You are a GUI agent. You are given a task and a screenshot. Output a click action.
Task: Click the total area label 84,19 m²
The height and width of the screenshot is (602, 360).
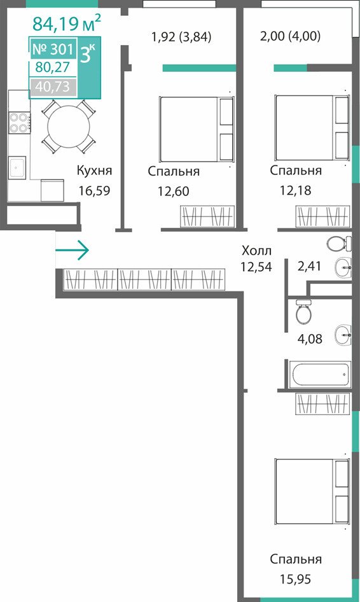[x=66, y=23]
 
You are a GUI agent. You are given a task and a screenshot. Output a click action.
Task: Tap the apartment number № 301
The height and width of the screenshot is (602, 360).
[x=53, y=49]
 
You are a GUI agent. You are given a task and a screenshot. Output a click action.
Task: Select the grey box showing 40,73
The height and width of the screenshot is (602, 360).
[x=53, y=87]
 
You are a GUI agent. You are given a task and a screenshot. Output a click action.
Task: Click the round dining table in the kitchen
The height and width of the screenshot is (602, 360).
[x=69, y=126]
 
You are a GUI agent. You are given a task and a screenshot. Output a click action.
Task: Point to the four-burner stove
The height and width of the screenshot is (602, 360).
[x=19, y=123]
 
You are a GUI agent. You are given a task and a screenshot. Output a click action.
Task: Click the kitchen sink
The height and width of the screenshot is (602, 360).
[x=18, y=167]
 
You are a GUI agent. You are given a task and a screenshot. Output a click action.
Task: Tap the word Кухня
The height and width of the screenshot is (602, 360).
[x=94, y=170]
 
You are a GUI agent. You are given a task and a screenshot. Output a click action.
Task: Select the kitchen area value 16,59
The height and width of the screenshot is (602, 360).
[x=94, y=190]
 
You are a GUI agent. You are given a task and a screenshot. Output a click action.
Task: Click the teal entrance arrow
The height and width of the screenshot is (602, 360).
[x=72, y=250]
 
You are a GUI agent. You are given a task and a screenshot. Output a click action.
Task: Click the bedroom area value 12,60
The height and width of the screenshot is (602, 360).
[x=174, y=191]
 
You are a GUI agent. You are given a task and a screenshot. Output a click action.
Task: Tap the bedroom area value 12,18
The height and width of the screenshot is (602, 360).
[x=296, y=190]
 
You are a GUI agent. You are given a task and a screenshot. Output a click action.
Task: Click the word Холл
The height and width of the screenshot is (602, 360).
[x=257, y=251]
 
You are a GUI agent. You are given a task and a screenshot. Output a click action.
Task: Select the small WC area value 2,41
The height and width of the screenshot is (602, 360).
[x=309, y=265]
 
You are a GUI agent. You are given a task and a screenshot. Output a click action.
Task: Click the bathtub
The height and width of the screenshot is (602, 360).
[x=321, y=375]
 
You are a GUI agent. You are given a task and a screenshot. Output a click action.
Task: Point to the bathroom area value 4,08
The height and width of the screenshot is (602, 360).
[x=310, y=339]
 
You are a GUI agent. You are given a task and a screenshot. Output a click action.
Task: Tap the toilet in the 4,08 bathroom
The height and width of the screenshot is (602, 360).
[x=304, y=311]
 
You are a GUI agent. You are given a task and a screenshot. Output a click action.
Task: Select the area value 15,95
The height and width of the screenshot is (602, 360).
[x=296, y=578]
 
